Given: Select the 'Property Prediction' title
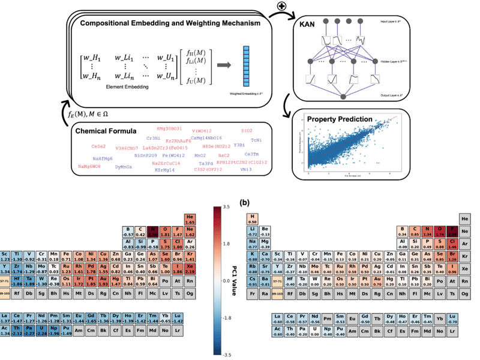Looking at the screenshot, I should [x=340, y=119].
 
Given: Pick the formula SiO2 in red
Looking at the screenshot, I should [x=247, y=130].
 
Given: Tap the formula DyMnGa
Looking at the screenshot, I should [x=127, y=166].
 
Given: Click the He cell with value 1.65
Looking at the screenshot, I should [x=190, y=219].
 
